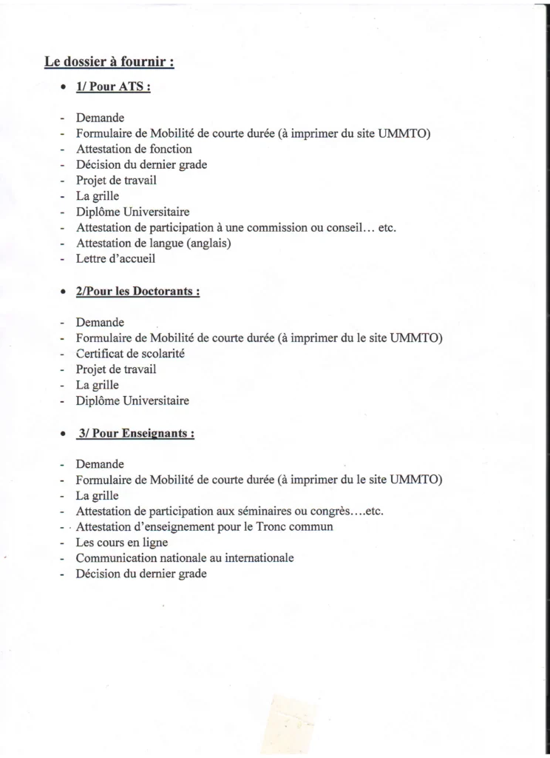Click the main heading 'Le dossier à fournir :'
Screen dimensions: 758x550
tap(109, 63)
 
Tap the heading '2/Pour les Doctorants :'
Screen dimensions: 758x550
tap(137, 292)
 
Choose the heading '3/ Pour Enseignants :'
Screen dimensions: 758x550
tap(135, 433)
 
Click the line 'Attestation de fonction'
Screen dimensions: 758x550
tap(134, 149)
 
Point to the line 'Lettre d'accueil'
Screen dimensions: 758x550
tap(116, 259)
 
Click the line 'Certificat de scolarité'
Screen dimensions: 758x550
tap(130, 354)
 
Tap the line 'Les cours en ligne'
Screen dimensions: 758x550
tap(122, 543)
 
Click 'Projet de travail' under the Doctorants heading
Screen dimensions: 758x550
tap(116, 369)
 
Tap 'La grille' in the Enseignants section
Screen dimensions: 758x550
tap(97, 495)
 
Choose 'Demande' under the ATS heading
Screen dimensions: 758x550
tap(100, 118)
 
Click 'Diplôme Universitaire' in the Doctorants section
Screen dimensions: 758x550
tap(132, 401)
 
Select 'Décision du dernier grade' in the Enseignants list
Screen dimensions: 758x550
tap(141, 574)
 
